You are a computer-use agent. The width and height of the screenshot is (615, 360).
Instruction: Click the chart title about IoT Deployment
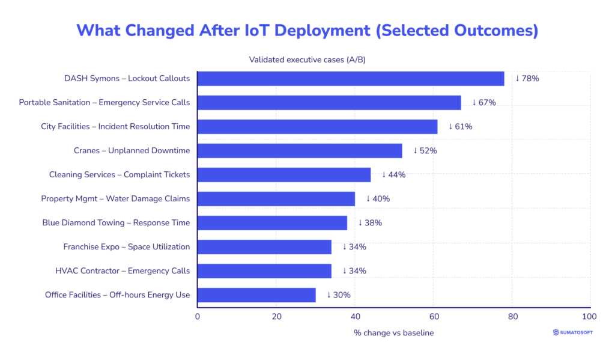tap(307, 31)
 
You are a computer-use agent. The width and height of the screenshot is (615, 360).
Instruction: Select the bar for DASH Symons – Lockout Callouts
tap(351, 79)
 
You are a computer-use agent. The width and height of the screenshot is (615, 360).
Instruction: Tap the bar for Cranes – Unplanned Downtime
tap(300, 151)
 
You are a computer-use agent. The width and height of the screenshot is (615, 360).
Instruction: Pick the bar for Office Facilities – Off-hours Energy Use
tap(256, 295)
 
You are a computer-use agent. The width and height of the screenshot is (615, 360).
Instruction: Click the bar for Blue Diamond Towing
tap(272, 223)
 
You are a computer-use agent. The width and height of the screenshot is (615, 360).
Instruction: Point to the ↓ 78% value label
tap(527, 79)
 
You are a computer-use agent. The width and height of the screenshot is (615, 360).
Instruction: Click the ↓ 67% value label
tap(483, 103)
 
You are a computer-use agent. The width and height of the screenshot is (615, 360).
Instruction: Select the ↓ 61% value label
tap(460, 127)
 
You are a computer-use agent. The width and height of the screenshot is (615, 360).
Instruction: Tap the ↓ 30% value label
tap(338, 295)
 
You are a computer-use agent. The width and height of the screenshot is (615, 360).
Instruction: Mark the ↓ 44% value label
tap(393, 175)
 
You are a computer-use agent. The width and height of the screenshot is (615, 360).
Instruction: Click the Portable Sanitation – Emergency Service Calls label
tap(105, 103)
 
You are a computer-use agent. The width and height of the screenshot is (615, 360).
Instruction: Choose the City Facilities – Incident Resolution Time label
tap(115, 127)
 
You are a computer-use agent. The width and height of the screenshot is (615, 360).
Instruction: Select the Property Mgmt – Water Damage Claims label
tap(115, 199)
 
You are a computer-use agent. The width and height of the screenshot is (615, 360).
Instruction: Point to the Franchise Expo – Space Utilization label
tap(127, 247)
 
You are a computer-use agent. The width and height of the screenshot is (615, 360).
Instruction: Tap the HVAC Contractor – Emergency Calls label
tap(123, 271)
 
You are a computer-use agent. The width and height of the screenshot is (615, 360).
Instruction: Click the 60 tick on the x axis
tap(434, 316)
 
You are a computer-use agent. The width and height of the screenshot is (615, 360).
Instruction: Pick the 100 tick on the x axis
tap(590, 316)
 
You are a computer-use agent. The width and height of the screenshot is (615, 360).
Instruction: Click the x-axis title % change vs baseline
tap(393, 333)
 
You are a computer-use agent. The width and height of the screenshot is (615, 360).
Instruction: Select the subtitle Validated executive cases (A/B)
tap(312, 59)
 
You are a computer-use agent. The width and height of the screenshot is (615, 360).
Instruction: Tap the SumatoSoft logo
tap(572, 332)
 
